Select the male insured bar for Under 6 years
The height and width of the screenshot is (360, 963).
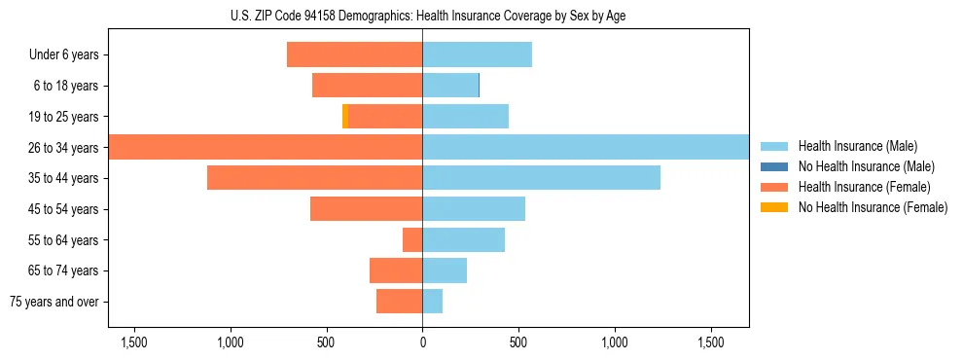point(477,54)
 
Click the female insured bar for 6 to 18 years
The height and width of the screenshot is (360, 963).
point(367,86)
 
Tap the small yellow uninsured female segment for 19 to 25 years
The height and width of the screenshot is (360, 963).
point(345,117)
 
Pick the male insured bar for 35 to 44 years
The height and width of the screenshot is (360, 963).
point(541,178)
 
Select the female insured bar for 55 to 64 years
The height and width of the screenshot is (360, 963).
point(412,239)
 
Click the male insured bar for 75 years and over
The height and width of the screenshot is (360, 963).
point(433,302)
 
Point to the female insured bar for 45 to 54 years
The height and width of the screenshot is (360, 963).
point(366,209)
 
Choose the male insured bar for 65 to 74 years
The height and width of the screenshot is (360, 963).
point(445,270)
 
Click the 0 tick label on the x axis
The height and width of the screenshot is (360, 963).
point(422,342)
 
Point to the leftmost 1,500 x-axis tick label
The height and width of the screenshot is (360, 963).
point(133,342)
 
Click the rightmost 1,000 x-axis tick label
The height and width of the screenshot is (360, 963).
point(615,342)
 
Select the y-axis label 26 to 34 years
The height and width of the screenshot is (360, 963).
point(64,148)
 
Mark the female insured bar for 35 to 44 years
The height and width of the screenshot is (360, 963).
point(314,178)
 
